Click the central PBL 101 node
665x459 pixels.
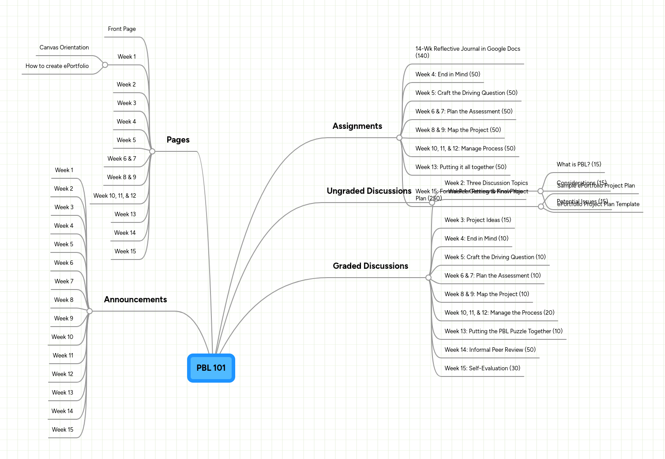click(211, 368)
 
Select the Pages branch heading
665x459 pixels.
click(178, 140)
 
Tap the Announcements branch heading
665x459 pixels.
click(135, 300)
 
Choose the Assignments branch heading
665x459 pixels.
click(357, 126)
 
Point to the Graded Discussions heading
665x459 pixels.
click(370, 266)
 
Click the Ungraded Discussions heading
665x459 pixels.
click(369, 191)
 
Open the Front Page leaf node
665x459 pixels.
click(122, 29)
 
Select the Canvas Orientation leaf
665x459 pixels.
click(64, 48)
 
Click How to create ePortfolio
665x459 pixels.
click(57, 66)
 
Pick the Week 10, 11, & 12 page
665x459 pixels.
click(115, 196)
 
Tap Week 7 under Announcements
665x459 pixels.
click(64, 282)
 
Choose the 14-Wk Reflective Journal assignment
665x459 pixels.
click(467, 52)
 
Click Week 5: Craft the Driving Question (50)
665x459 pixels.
click(466, 93)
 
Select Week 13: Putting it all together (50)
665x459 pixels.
click(461, 167)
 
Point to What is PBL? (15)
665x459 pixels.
click(579, 165)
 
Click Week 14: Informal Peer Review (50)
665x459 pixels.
click(490, 350)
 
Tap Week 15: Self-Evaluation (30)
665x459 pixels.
click(482, 369)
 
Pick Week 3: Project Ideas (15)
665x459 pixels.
click(477, 220)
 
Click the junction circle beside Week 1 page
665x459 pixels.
click(105, 65)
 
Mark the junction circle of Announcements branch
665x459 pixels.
click(90, 311)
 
